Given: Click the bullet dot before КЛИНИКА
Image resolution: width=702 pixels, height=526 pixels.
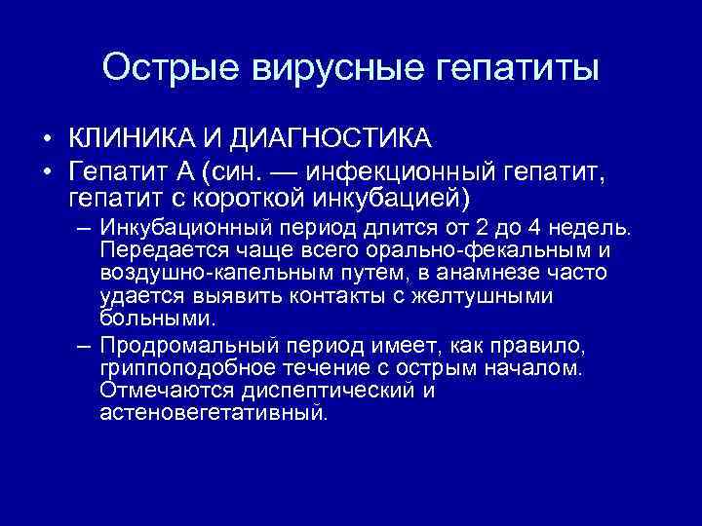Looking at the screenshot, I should [x=46, y=143].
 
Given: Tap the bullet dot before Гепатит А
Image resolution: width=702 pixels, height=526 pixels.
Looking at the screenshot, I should [x=46, y=173].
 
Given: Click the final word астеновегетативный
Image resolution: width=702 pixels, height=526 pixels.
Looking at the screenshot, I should [x=213, y=413].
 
